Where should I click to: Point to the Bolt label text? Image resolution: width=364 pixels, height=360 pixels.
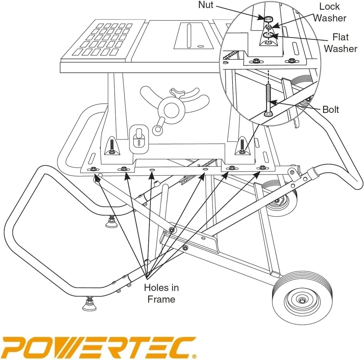tap(331, 109)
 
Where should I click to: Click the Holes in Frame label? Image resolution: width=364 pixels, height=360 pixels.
tap(161, 293)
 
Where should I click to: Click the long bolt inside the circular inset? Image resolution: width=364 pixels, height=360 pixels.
tap(268, 99)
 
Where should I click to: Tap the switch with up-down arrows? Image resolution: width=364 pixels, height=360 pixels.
tap(139, 140)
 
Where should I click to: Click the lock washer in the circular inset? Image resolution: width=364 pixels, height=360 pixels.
tap(268, 27)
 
